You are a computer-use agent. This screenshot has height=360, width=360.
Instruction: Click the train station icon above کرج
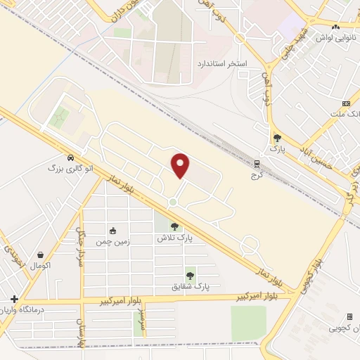point(258,164)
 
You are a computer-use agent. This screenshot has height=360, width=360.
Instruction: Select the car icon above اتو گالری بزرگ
point(70,157)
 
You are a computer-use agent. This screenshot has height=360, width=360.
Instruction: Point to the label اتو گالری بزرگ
point(70,169)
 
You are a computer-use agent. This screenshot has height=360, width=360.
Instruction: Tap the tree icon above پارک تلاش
point(174,226)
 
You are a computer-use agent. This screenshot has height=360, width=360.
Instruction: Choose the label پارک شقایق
point(191,286)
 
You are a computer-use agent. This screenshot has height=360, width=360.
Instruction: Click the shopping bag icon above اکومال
point(40,255)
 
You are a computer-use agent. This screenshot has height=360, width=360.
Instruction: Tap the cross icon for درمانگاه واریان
point(14,299)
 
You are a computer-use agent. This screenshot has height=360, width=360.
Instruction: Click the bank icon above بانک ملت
point(346,103)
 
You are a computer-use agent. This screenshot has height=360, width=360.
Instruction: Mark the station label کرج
point(255,175)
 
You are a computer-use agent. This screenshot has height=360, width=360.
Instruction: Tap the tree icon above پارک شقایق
point(190,276)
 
